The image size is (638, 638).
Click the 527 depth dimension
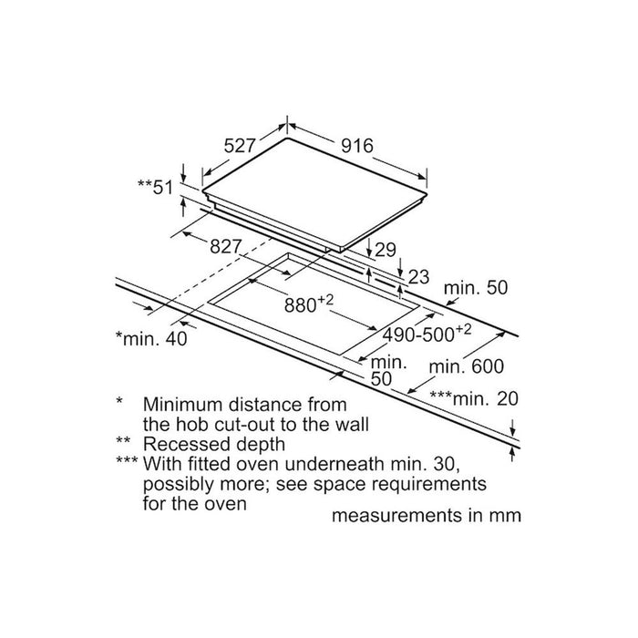(240, 146)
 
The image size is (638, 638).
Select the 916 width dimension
(357, 146)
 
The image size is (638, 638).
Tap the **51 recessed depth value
(156, 187)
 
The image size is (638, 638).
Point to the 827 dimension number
(226, 246)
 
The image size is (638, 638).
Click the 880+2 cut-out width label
(309, 304)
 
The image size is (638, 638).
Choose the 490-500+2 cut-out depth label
(427, 334)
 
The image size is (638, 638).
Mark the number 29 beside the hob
(385, 250)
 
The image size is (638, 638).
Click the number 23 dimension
(418, 277)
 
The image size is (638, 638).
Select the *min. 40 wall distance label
(151, 338)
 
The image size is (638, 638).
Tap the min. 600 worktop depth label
(467, 366)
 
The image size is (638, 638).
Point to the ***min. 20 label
(474, 398)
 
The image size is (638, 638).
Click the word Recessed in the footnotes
(186, 444)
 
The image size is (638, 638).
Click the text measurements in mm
(427, 515)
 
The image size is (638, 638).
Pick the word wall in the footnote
(352, 425)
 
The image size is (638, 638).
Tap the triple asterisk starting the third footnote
(127, 461)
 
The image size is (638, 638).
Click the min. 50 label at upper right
(476, 288)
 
